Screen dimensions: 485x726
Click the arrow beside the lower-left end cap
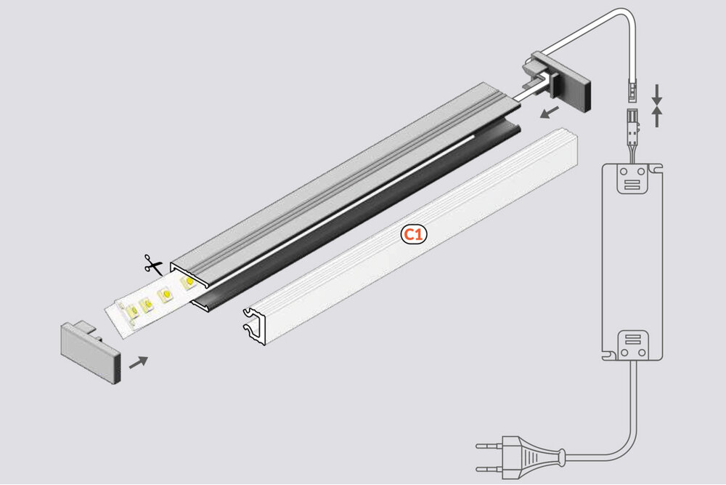tap(139, 361)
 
